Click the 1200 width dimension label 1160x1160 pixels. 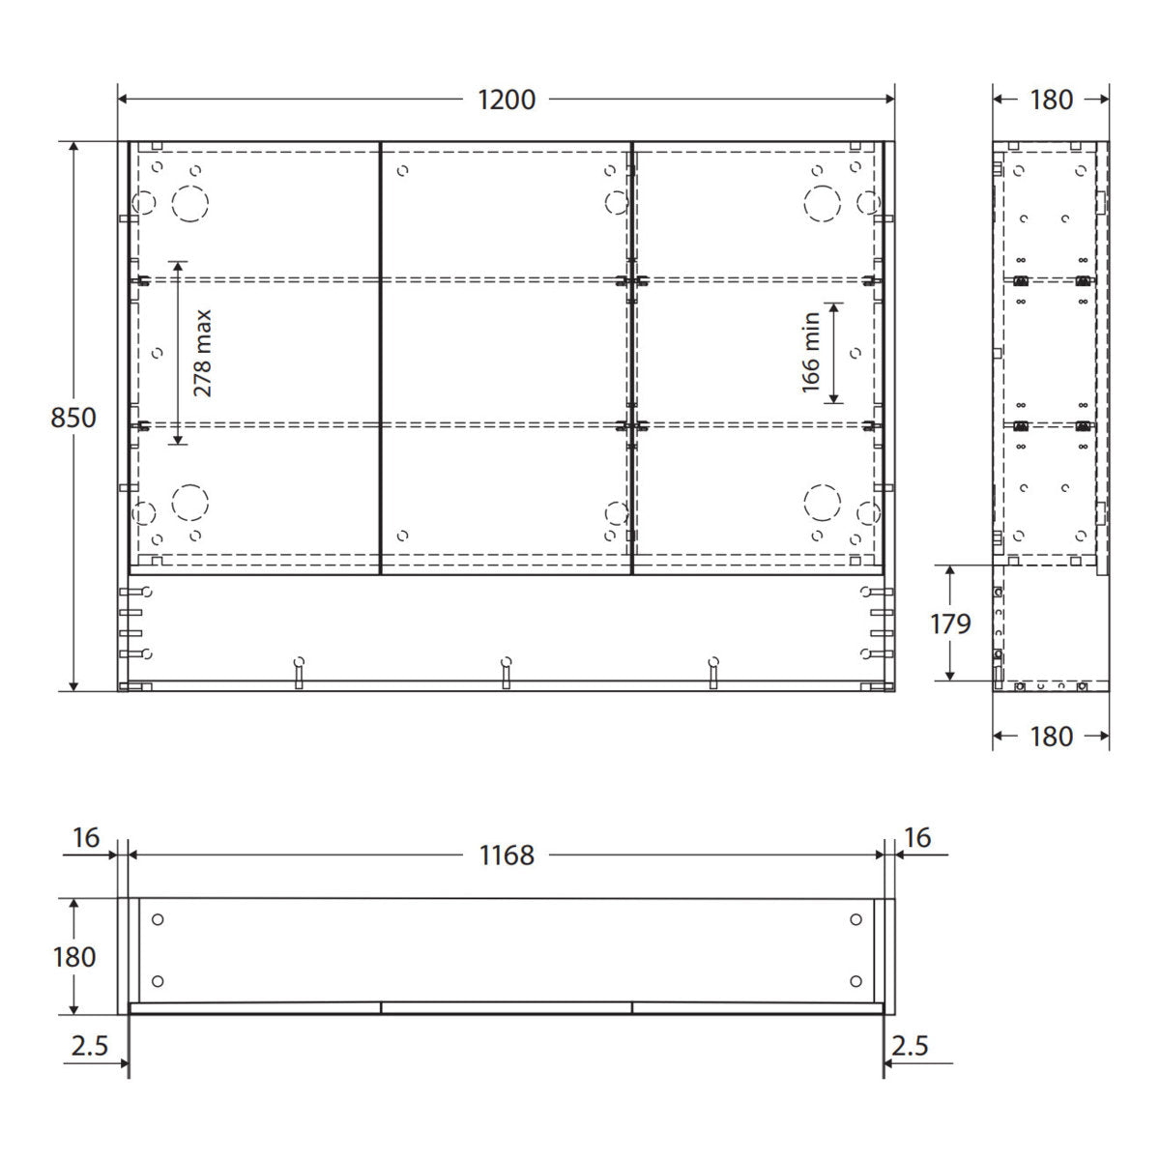[507, 100]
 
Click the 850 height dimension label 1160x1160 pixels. [73, 418]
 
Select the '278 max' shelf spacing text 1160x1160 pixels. [203, 354]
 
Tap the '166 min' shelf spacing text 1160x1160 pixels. [811, 353]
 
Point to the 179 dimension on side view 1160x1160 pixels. [950, 623]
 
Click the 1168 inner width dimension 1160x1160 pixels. [507, 855]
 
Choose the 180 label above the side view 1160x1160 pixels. [1051, 100]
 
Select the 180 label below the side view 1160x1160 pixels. [1051, 737]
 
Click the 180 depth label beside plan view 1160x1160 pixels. [74, 957]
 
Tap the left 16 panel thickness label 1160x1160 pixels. [85, 838]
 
